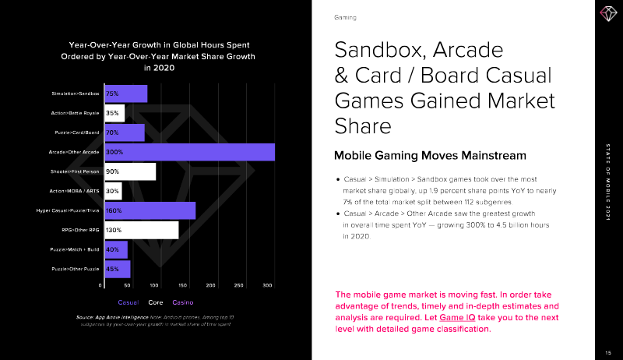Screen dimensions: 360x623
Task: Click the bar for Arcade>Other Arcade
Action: (x=189, y=152)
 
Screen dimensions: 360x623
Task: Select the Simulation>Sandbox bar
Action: (x=125, y=94)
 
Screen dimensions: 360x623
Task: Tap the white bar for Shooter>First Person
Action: (x=129, y=171)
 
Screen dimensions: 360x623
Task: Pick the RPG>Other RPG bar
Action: (x=140, y=230)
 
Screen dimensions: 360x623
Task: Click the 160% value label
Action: (x=114, y=210)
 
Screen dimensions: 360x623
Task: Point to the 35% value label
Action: (x=111, y=113)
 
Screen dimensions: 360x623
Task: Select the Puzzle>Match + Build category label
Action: (x=76, y=250)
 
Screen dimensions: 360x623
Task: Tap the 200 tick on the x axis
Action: (x=210, y=286)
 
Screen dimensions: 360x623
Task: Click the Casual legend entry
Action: (x=128, y=302)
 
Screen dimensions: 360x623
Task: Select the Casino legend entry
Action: (x=182, y=302)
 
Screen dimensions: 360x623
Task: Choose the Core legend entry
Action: (x=156, y=302)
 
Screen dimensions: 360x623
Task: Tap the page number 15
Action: (x=606, y=351)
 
